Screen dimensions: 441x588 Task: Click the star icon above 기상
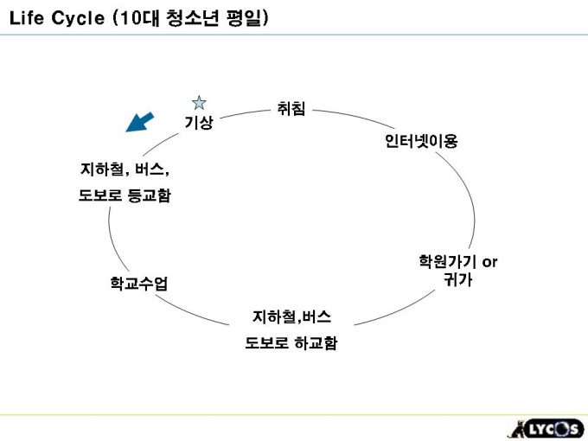click(x=198, y=103)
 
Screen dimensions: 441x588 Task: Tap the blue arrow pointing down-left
click(x=139, y=122)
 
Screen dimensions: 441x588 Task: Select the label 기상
click(x=199, y=123)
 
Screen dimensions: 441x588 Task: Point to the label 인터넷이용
click(x=420, y=141)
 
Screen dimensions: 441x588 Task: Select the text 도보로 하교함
click(x=291, y=343)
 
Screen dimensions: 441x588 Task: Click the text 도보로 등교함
click(x=125, y=195)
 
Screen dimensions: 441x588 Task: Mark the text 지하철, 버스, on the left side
click(x=125, y=169)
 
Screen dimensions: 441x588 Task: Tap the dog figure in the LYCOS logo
click(x=516, y=428)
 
